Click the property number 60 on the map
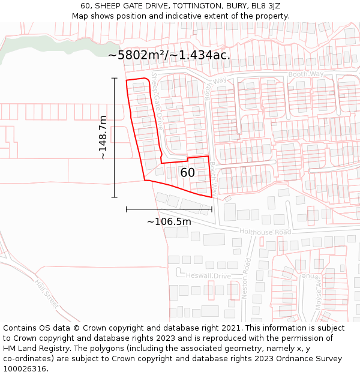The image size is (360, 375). (188, 173)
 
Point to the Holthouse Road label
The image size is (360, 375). (265, 232)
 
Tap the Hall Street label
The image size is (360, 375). (47, 294)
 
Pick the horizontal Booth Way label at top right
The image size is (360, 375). (306, 74)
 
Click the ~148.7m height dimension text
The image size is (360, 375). (103, 137)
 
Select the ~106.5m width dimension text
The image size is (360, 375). (169, 222)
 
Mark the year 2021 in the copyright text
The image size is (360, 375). (231, 328)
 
